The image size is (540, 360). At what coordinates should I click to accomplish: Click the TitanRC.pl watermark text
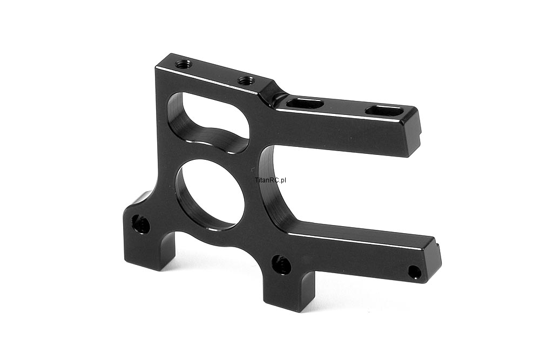pyautogui.click(x=271, y=180)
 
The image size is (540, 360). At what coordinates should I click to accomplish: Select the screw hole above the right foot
pyautogui.click(x=282, y=264)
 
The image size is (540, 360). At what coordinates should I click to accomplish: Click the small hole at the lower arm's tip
pyautogui.click(x=415, y=272)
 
